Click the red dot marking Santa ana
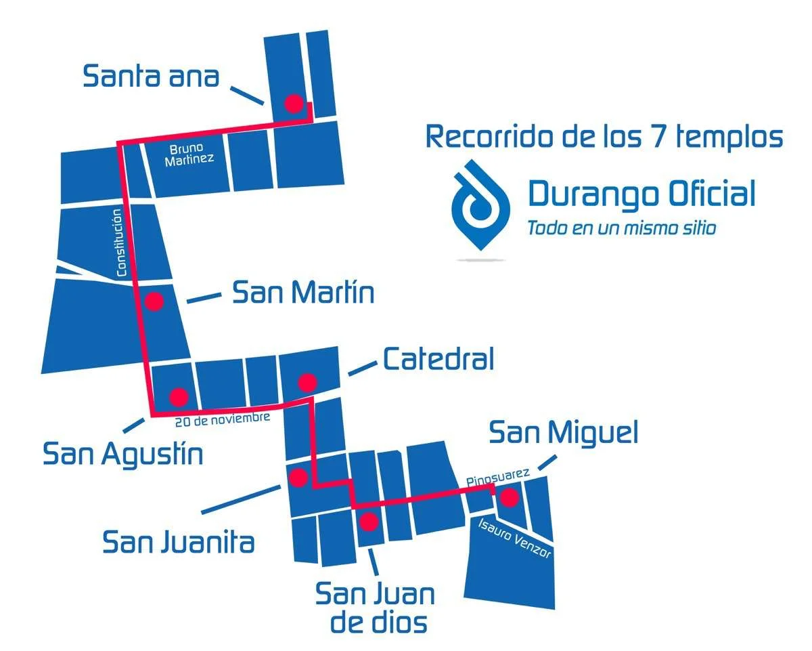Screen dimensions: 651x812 tap(294, 104)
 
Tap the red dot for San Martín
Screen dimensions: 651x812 tap(154, 301)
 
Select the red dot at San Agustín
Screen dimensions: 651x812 tap(179, 396)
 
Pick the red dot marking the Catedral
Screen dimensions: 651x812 tap(307, 383)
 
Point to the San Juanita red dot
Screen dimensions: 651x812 tap(298, 478)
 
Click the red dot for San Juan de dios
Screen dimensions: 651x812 tap(368, 522)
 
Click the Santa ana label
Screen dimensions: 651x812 tap(151, 76)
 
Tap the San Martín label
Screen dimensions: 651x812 tap(303, 293)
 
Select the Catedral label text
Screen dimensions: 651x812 tap(438, 359)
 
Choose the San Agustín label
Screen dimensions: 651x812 tap(123, 455)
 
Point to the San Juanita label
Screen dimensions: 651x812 tap(179, 542)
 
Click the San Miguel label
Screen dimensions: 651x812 tap(563, 432)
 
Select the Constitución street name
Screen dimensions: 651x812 tap(120, 243)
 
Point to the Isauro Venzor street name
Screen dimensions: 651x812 tap(515, 539)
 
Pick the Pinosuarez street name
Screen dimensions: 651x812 tap(497, 478)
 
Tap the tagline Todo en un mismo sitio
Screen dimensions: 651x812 tap(621, 228)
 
